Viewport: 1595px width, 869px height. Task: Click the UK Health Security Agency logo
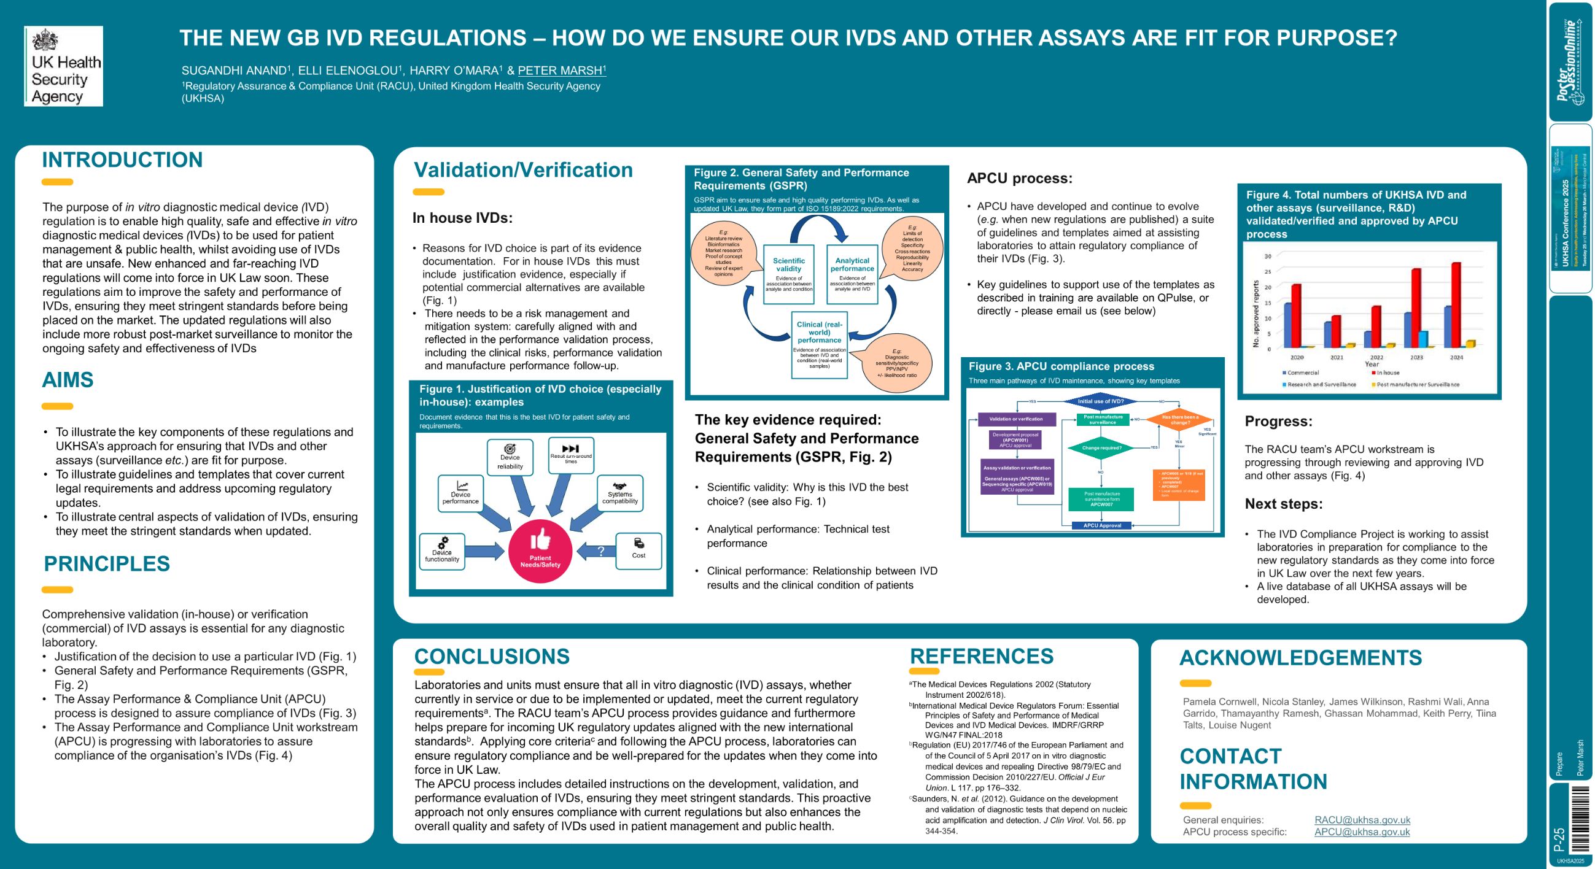[x=63, y=66]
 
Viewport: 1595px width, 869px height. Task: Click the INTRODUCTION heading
[x=122, y=160]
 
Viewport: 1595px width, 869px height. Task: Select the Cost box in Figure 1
[x=638, y=550]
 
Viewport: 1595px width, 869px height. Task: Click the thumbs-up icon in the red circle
[x=540, y=539]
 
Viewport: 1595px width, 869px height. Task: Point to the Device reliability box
[x=510, y=457]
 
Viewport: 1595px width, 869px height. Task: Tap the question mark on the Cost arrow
[x=600, y=551]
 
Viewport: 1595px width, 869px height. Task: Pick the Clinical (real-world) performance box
[x=819, y=345]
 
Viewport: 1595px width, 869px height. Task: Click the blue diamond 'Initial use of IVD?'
[x=1100, y=401]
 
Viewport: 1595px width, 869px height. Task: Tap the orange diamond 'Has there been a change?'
[x=1179, y=420]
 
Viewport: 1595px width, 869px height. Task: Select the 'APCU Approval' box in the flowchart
[x=1101, y=525]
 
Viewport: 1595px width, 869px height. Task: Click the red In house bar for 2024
[x=1456, y=304]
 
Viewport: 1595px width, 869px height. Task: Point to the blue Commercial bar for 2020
[x=1288, y=325]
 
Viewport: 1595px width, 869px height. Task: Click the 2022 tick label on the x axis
[x=1376, y=357]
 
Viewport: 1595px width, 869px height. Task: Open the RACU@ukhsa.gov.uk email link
[x=1362, y=819]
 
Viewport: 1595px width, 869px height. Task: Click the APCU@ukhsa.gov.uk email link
[x=1362, y=832]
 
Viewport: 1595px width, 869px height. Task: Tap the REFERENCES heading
[x=982, y=656]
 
